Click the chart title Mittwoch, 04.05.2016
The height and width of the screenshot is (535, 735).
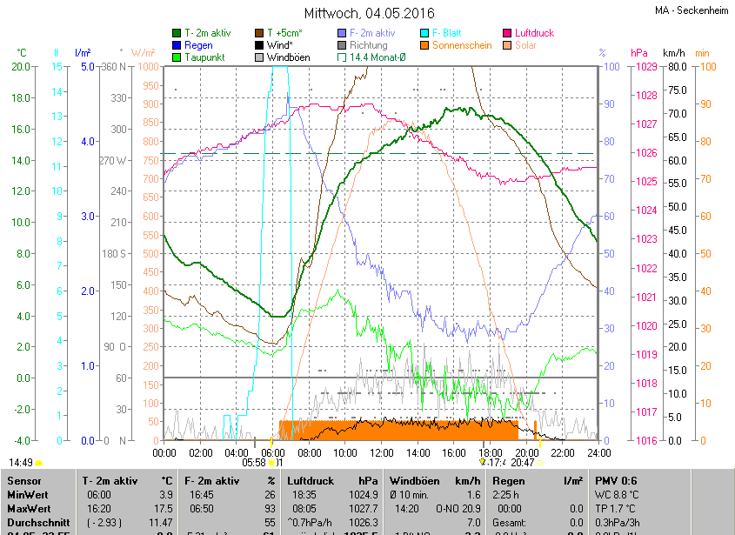click(x=368, y=13)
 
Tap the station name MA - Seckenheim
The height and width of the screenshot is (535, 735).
click(x=692, y=10)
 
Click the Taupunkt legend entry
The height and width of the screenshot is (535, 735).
click(x=205, y=57)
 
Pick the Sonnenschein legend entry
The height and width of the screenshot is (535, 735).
click(x=461, y=45)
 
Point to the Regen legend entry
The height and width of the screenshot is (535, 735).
click(x=198, y=45)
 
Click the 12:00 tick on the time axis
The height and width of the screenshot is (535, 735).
click(x=382, y=452)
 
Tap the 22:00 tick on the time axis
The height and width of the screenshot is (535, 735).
click(x=562, y=452)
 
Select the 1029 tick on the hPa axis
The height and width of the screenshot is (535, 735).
click(x=645, y=67)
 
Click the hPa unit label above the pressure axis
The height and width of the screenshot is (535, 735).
click(x=639, y=53)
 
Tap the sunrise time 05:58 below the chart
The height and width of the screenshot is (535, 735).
click(x=254, y=463)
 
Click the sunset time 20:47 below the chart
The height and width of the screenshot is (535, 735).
click(x=523, y=463)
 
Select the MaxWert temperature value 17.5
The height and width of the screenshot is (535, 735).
click(x=164, y=507)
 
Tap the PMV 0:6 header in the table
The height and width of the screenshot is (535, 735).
click(x=616, y=480)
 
